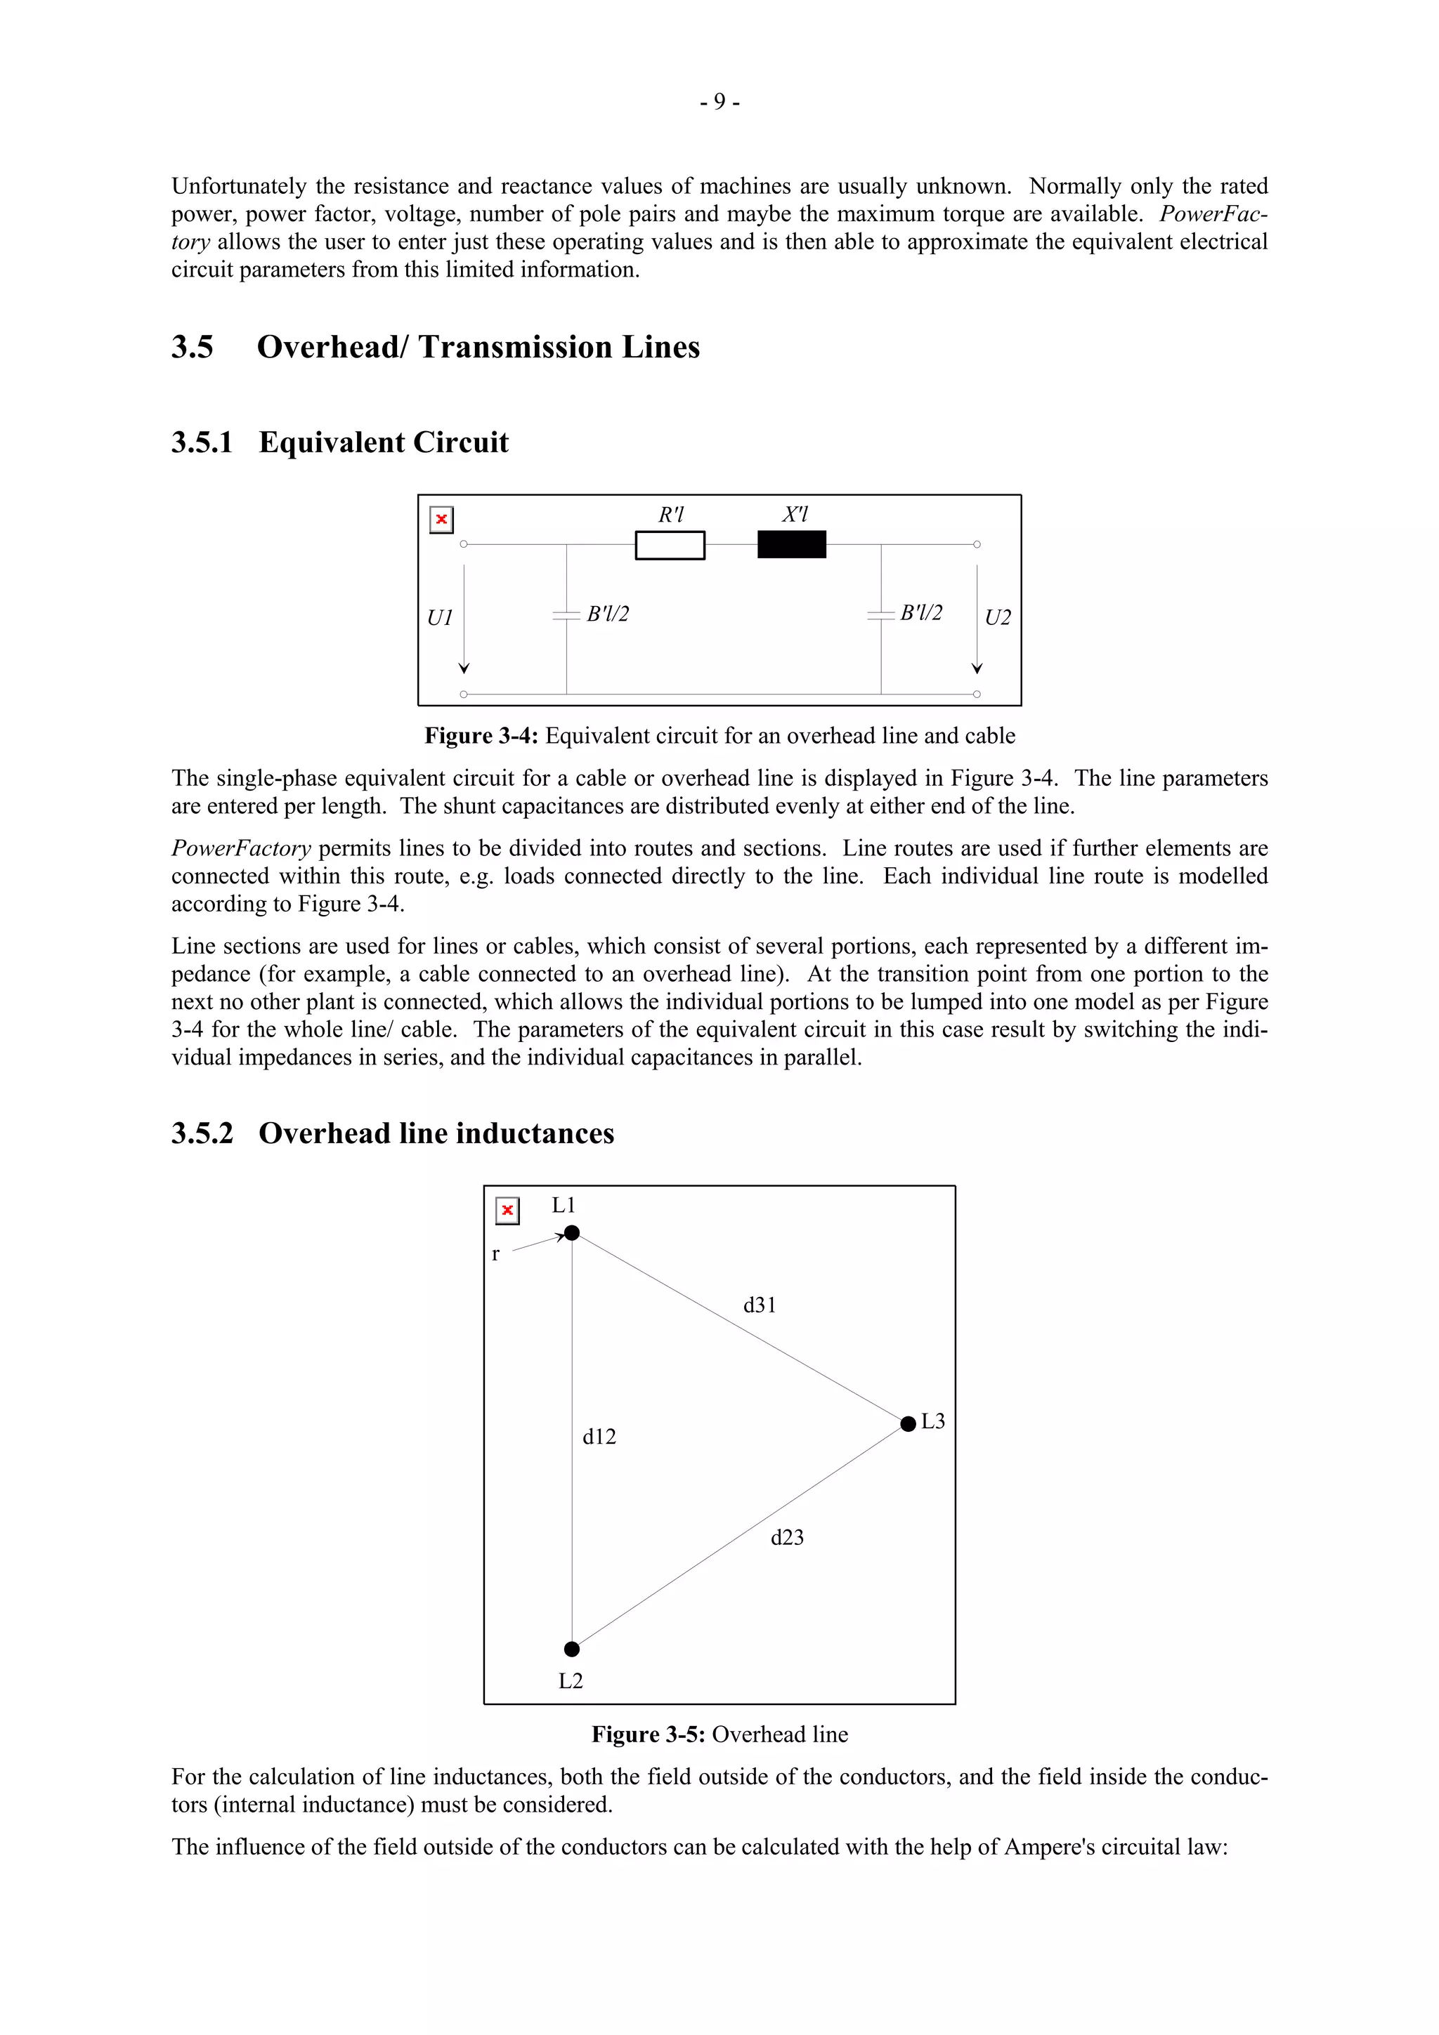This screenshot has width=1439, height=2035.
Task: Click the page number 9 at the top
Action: click(719, 102)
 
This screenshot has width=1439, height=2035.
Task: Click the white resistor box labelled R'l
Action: click(670, 545)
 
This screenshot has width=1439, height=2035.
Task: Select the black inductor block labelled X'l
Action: click(791, 544)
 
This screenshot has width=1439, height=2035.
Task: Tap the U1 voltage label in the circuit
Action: click(440, 618)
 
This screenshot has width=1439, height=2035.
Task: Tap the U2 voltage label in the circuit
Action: click(998, 618)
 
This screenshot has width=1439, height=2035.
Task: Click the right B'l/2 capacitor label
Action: click(920, 612)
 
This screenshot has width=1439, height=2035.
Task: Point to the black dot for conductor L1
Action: click(572, 1233)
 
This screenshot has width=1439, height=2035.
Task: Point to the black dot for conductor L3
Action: click(907, 1423)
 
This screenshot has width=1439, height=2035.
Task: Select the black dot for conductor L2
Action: click(571, 1649)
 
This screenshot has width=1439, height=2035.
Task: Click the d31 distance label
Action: click(759, 1305)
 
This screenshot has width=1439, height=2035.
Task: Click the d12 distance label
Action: click(599, 1437)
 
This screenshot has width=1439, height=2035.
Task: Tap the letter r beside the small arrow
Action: click(495, 1255)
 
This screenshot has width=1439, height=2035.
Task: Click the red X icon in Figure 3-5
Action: click(507, 1211)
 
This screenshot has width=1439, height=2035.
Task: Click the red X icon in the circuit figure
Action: click(441, 520)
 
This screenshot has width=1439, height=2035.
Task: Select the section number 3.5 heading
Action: click(193, 347)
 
